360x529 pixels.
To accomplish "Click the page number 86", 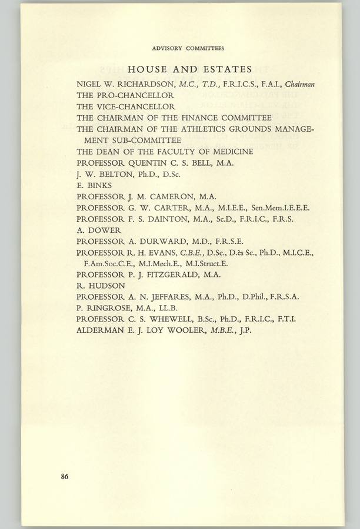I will pyautogui.click(x=64, y=477).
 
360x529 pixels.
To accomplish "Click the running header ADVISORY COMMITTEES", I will pyautogui.click(x=188, y=48).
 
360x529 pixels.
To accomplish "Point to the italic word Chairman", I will pyautogui.click(x=299, y=84).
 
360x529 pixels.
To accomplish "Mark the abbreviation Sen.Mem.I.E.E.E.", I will pyautogui.click(x=280, y=208).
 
